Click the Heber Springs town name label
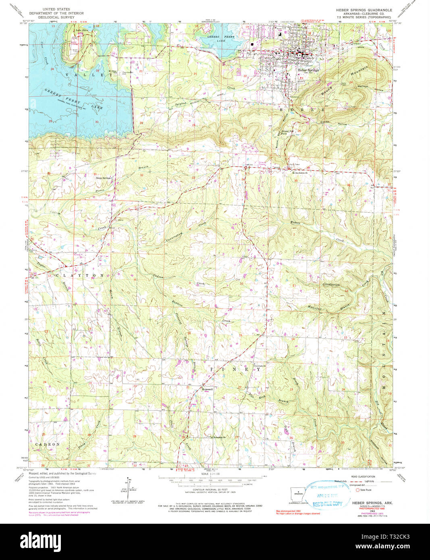(308, 70)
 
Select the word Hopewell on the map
(208, 390)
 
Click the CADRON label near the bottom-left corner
(48, 444)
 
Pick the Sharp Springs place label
(103, 177)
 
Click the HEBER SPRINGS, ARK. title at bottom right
(367, 503)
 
